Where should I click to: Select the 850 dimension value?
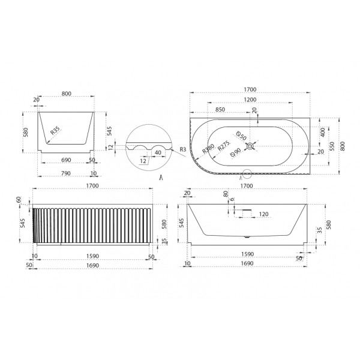pyautogui.click(x=220, y=109)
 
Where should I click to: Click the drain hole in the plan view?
pyautogui.click(x=250, y=145)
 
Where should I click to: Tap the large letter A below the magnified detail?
pyautogui.click(x=161, y=178)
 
